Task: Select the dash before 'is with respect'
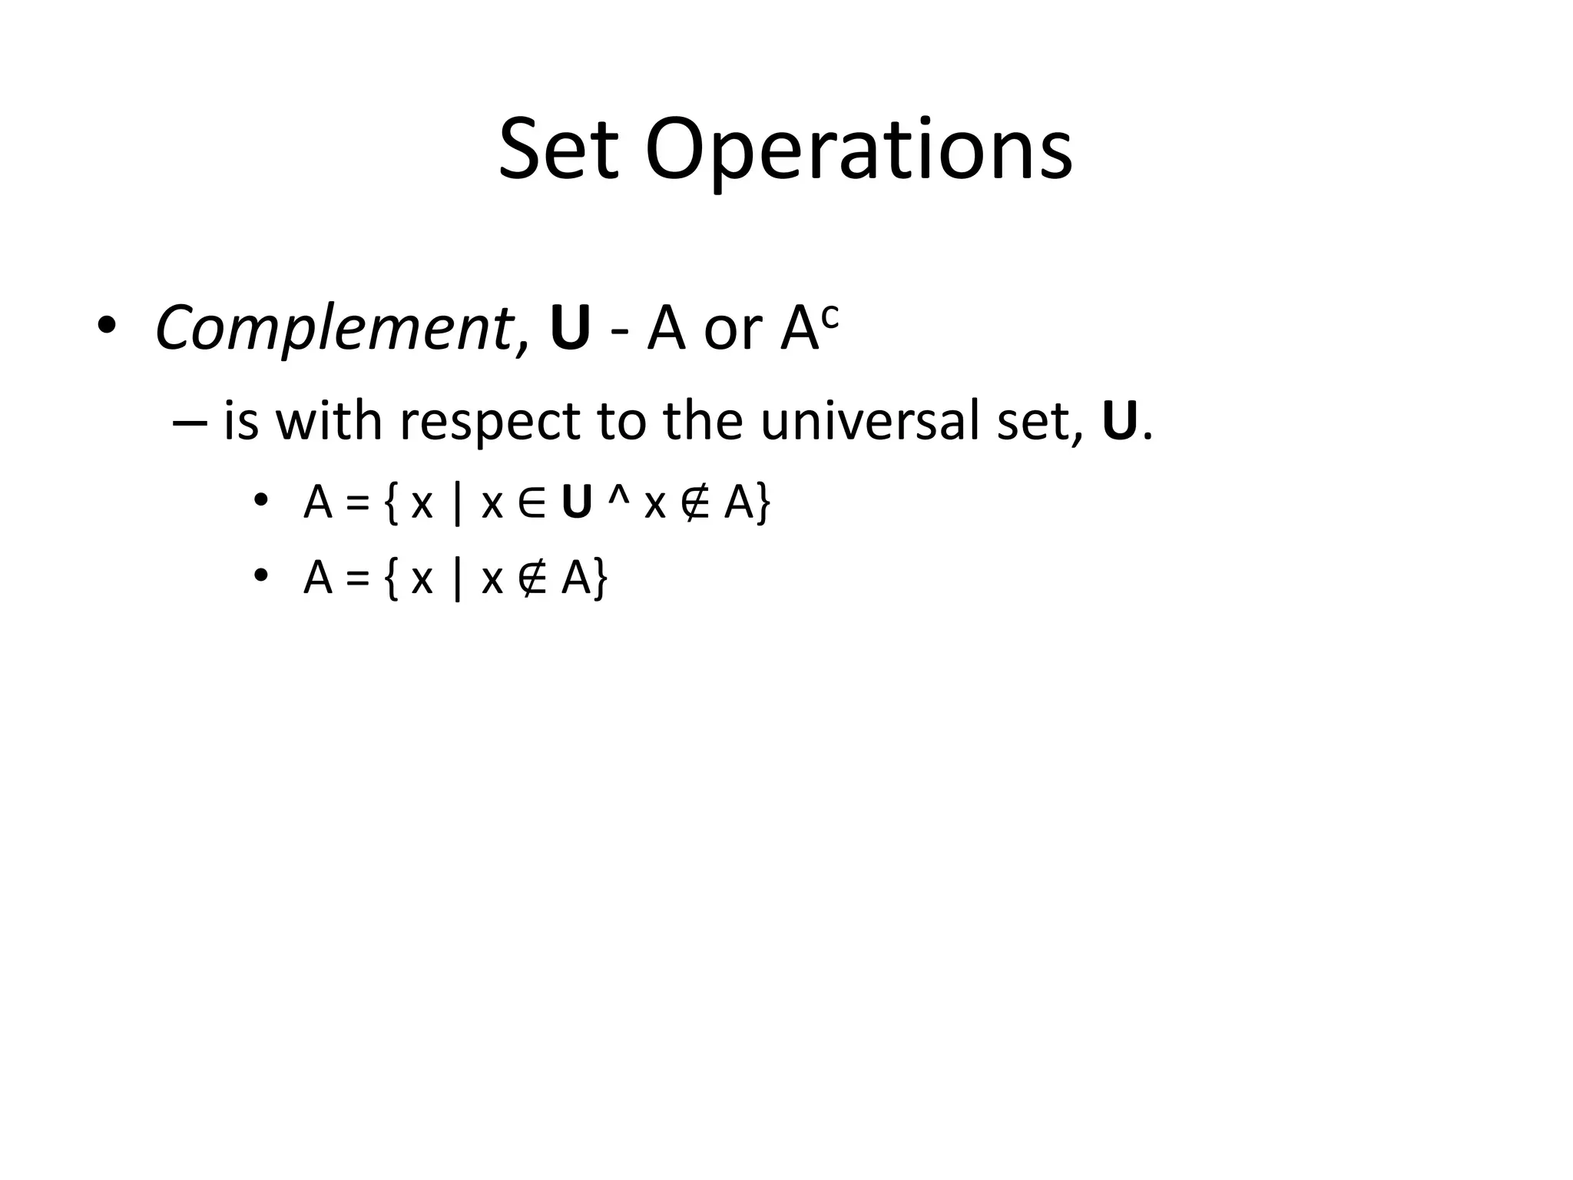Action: (190, 423)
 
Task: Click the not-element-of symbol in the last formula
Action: (532, 578)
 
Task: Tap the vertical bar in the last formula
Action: (458, 578)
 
